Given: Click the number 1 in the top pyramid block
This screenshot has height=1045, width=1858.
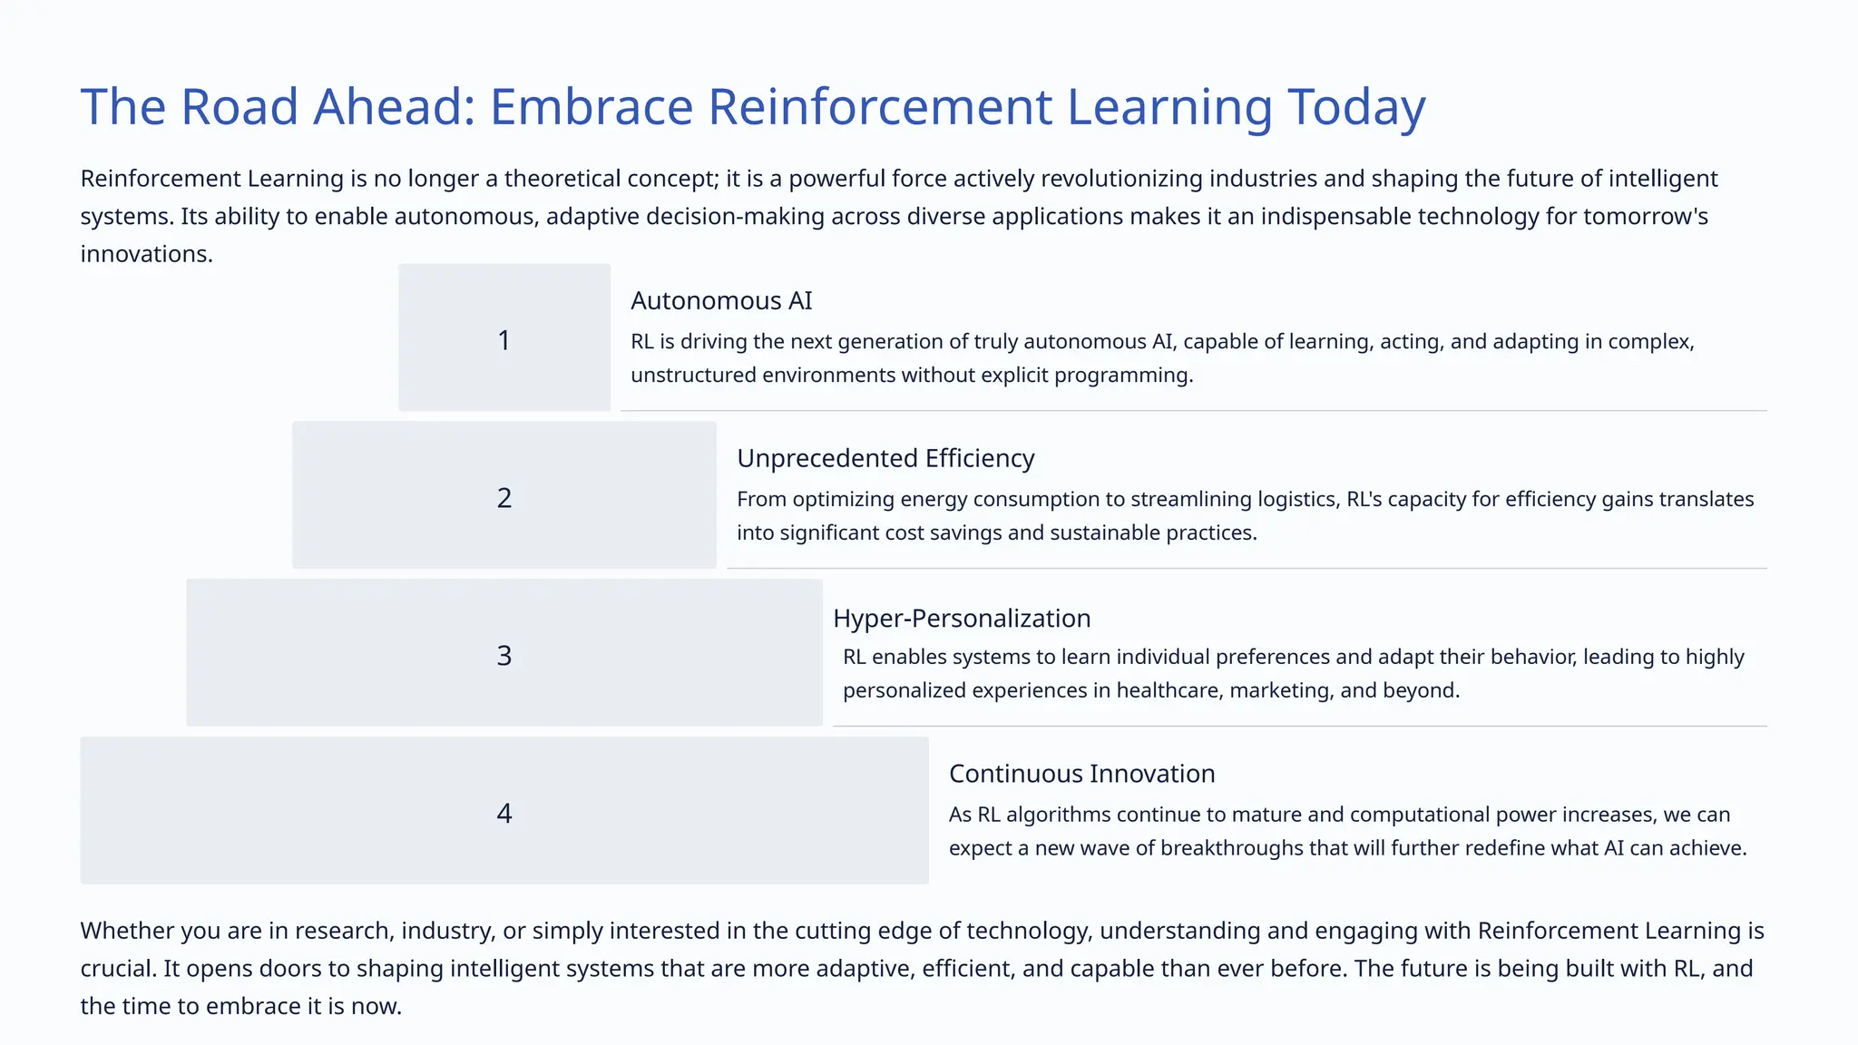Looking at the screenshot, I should [504, 340].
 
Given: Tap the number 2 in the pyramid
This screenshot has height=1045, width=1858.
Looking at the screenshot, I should [504, 497].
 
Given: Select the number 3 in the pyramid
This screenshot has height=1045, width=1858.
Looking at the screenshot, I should [504, 655].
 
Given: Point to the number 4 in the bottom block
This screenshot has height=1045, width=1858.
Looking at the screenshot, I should [504, 813].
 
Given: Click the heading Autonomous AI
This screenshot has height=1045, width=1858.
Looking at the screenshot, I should [721, 300].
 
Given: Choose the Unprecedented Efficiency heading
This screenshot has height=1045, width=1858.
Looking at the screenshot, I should [885, 458].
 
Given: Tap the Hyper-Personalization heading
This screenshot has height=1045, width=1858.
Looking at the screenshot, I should [962, 618].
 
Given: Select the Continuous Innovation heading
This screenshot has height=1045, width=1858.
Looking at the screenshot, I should [1081, 774].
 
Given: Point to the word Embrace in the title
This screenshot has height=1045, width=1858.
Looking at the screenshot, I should [592, 107].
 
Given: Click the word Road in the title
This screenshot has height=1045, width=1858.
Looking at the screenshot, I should [240, 107].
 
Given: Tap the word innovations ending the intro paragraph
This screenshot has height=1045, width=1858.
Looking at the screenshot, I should [145, 254].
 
